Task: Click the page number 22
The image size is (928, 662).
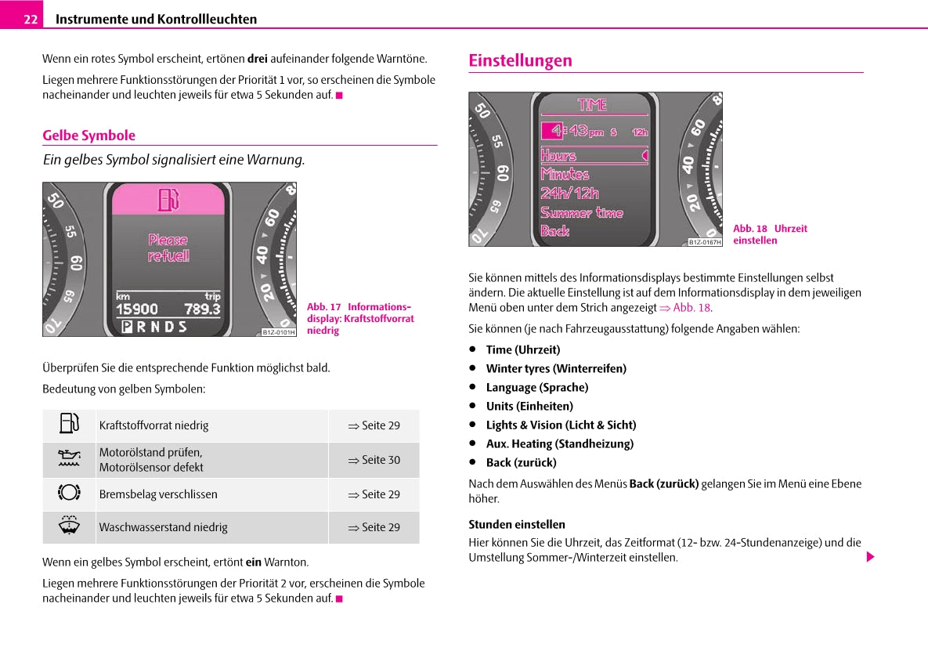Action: [31, 19]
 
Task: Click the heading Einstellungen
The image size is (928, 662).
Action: [520, 60]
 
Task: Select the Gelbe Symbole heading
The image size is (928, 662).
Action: [88, 135]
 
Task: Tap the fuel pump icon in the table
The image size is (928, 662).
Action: [69, 424]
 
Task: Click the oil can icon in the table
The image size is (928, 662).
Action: [69, 459]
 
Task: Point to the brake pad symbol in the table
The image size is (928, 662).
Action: [69, 493]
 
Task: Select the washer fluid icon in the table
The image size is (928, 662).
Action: [69, 526]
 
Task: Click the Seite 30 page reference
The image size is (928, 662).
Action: [374, 460]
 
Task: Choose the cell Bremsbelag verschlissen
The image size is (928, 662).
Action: [158, 494]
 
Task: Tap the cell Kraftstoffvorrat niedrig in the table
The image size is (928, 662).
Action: [153, 425]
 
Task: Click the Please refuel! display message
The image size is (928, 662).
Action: [168, 248]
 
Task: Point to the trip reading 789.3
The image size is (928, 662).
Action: [202, 309]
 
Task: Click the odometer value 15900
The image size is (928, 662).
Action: [136, 309]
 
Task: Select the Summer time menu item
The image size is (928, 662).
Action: [581, 212]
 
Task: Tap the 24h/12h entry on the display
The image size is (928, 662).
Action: [569, 193]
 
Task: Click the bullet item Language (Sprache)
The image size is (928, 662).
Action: [536, 387]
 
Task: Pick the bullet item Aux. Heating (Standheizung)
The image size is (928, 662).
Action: [559, 443]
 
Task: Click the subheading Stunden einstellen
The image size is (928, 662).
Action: [516, 524]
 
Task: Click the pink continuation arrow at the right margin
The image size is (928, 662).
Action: [869, 557]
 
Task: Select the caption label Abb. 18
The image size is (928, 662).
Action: [749, 229]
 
